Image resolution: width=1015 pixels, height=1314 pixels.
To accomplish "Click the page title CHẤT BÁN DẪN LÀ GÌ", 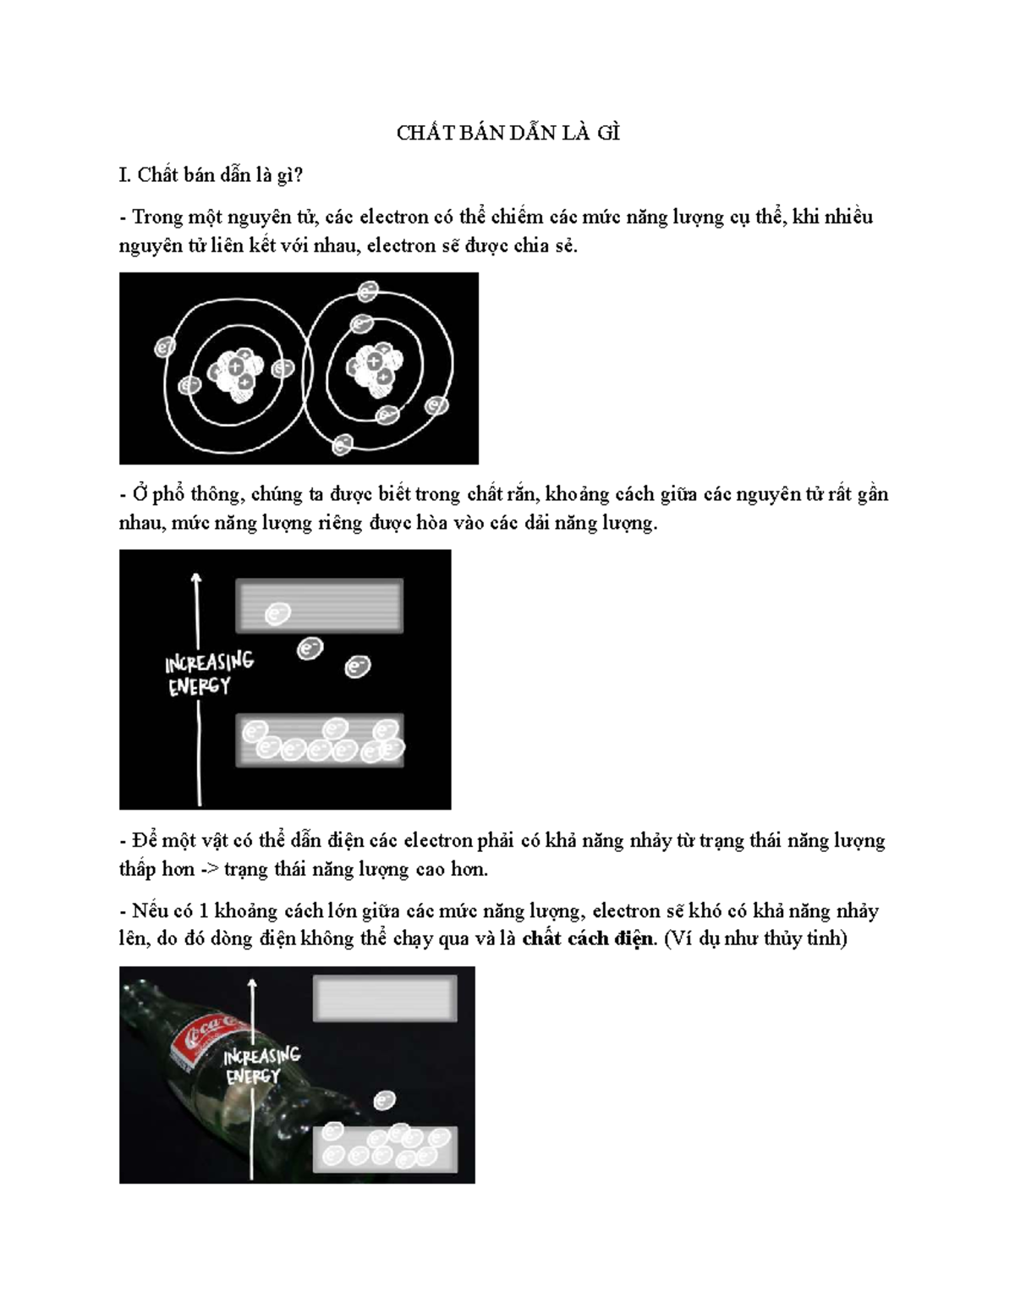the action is tap(507, 134).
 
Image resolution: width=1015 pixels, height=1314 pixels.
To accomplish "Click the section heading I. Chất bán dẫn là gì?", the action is tap(211, 175).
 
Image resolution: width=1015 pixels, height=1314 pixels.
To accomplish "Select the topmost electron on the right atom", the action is tap(368, 292).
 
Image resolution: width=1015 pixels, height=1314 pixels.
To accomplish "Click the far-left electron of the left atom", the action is tap(165, 347).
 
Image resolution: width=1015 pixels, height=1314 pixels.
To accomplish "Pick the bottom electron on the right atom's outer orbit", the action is tap(343, 444).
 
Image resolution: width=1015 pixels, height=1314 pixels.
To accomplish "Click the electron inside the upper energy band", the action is tap(278, 613).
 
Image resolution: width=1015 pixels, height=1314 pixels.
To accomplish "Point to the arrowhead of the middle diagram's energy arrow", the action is tap(196, 579).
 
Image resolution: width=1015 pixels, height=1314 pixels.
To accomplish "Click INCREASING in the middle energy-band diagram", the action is tap(209, 662).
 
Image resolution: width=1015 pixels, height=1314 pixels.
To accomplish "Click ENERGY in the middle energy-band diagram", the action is tap(199, 687).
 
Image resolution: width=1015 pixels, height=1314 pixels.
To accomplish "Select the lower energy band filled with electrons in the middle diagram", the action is tap(319, 740).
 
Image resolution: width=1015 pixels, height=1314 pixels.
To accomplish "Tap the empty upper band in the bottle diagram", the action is tap(385, 998).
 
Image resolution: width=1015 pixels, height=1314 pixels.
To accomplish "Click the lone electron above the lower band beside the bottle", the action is tap(385, 1101).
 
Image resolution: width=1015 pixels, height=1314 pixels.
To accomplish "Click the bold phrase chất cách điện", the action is tap(588, 938).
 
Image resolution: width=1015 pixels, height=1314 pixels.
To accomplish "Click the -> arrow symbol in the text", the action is tap(209, 870).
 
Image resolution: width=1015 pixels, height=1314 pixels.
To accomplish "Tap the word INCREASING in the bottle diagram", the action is tap(261, 1056).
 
